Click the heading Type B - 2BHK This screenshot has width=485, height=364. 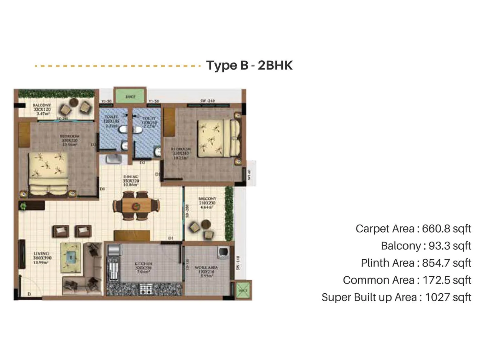pos(249,65)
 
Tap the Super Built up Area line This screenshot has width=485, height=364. pos(396,297)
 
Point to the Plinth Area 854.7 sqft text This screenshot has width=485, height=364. pos(416,263)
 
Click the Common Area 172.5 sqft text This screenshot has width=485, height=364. pos(407,280)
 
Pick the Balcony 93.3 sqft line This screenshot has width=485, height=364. pos(426,246)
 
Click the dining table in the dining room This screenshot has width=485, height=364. pos(136,206)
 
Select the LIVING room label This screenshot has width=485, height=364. pos(42,258)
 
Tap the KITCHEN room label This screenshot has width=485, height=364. pos(143,268)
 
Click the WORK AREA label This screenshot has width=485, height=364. pos(206,271)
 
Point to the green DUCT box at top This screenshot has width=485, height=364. pos(130,96)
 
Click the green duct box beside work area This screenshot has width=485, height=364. pos(243,290)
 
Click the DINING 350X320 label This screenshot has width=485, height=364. pos(131,180)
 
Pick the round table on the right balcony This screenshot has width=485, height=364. pos(206,224)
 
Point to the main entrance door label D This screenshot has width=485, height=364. pos(29,294)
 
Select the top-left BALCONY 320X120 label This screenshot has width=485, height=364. pos(42,109)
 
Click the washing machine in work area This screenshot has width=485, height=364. pos(223,252)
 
